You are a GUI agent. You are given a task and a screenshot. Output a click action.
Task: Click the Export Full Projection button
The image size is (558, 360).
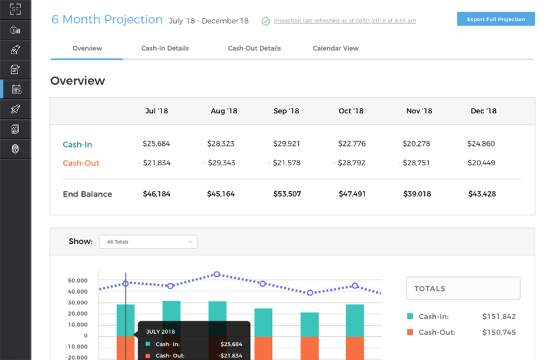click(x=496, y=19)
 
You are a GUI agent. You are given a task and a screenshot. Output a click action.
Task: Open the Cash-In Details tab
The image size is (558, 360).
click(x=165, y=48)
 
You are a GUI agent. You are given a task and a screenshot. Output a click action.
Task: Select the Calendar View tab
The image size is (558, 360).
click(x=335, y=48)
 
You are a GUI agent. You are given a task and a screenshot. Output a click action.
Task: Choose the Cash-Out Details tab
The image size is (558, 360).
click(x=254, y=48)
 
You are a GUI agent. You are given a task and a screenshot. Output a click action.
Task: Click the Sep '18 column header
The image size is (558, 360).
click(x=287, y=111)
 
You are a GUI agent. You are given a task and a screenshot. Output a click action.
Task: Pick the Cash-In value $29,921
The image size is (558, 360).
click(x=287, y=144)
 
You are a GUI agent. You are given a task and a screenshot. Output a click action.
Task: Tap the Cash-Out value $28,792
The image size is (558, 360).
click(x=352, y=163)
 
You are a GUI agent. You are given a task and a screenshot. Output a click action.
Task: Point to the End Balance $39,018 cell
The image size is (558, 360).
click(x=417, y=194)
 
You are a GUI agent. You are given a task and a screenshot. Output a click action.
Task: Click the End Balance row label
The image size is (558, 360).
click(x=87, y=194)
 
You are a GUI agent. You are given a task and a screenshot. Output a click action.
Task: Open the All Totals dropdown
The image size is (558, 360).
click(x=148, y=242)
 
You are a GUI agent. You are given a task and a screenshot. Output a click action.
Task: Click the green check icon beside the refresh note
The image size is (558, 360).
click(x=266, y=21)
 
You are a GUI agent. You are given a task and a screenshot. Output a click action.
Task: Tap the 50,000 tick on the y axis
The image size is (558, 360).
click(x=78, y=280)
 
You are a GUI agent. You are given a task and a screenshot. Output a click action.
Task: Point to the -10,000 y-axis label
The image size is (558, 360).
click(x=77, y=347)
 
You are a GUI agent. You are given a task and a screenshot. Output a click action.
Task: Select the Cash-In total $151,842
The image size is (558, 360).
click(x=499, y=317)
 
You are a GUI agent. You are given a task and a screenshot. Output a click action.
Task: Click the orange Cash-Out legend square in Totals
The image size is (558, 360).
click(x=410, y=332)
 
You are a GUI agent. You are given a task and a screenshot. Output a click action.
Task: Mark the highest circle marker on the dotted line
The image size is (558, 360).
click(x=217, y=274)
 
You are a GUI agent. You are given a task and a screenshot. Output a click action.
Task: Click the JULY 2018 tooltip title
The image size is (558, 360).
click(x=160, y=332)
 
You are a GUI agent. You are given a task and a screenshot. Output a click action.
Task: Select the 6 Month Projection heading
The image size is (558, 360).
click(x=107, y=19)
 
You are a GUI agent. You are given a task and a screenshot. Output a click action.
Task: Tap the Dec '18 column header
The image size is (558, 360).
click(x=484, y=111)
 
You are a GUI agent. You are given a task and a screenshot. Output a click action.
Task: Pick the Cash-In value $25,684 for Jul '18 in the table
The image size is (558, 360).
click(x=156, y=144)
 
